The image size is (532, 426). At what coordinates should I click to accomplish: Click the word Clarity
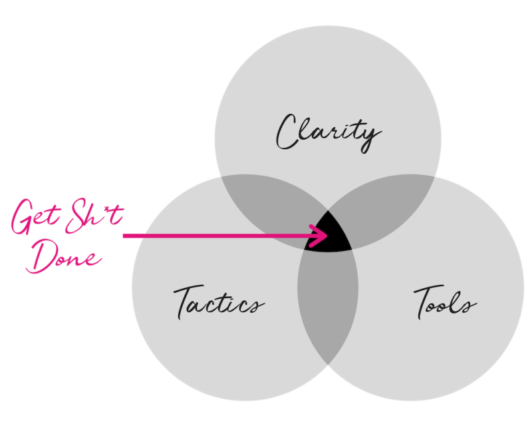[x=328, y=132]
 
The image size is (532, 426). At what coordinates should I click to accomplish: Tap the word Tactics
[x=218, y=303]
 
